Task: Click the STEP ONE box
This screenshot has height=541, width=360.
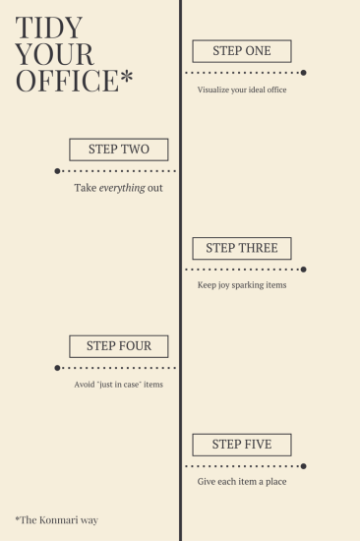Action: tap(242, 51)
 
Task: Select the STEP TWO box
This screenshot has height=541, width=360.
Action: tap(118, 150)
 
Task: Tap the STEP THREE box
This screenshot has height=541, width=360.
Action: tap(242, 248)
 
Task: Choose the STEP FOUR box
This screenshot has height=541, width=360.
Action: tap(118, 346)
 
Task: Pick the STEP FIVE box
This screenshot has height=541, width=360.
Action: tap(242, 445)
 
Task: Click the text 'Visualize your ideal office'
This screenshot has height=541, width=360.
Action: tap(242, 90)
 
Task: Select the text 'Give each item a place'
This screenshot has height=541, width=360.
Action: tap(242, 482)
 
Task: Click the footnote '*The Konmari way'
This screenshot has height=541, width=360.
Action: tap(56, 519)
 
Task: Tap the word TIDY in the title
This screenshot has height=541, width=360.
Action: tap(49, 28)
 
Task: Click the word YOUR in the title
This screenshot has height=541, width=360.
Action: tap(55, 54)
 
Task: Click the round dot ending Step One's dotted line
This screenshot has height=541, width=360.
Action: tap(304, 72)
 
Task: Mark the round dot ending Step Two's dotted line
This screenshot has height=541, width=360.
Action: tap(57, 170)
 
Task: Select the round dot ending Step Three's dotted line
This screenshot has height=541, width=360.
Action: tap(304, 269)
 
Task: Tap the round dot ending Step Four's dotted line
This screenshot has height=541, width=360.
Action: tap(57, 367)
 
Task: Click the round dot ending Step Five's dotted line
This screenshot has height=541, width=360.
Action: tap(304, 466)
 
